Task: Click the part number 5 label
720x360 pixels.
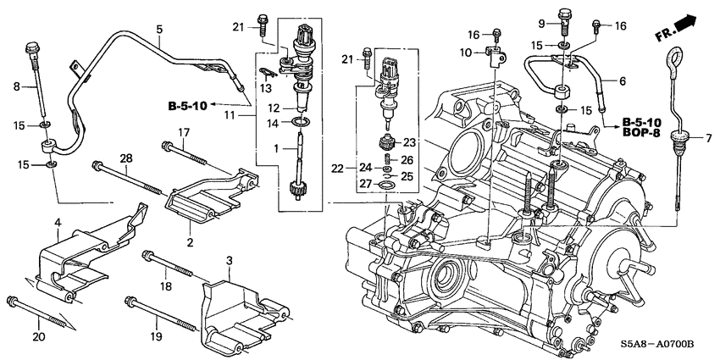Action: coord(158,30)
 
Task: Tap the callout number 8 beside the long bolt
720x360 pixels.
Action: coord(15,86)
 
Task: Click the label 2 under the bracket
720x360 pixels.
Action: coord(191,242)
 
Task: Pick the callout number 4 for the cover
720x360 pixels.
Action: coord(58,223)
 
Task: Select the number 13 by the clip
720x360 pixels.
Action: coord(265,88)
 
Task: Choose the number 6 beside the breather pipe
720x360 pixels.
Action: coord(623,81)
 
